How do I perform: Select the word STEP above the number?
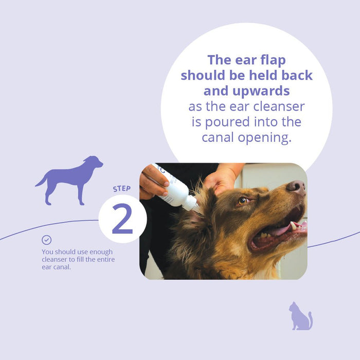coord(122,189)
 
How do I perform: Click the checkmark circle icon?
coord(47,240)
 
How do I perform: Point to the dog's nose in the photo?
coord(296,187)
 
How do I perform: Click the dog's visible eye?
coord(242,201)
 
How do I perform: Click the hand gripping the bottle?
coord(152,181)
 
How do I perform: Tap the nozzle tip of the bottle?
coord(194,206)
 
